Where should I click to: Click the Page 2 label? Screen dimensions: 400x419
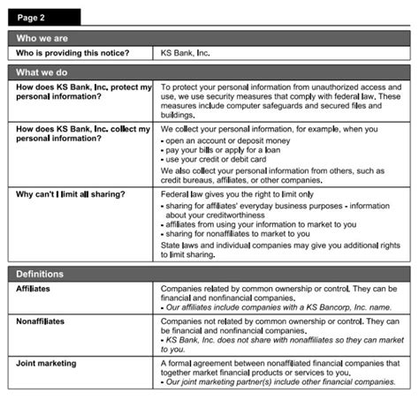point(33,16)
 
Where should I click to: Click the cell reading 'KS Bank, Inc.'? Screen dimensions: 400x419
point(186,54)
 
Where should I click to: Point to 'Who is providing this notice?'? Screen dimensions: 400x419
point(72,54)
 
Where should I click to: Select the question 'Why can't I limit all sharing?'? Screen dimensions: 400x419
point(71,193)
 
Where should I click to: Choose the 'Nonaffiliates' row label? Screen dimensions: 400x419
point(41,322)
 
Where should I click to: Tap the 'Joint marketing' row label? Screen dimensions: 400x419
point(46,363)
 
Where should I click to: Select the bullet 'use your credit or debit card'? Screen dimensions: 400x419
point(218,161)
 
